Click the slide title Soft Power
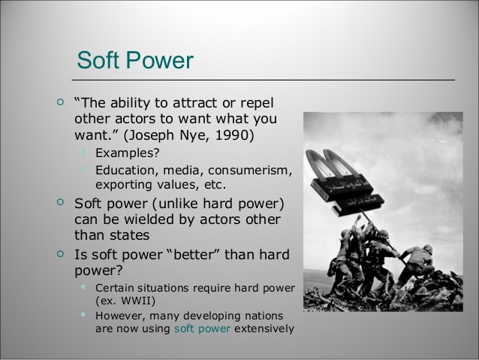135,60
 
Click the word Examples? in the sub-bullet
128,153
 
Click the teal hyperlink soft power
202,328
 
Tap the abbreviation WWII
136,301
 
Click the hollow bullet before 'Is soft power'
61,253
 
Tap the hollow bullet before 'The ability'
61,102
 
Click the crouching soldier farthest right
417,263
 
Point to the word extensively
264,328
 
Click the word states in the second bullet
131,235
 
